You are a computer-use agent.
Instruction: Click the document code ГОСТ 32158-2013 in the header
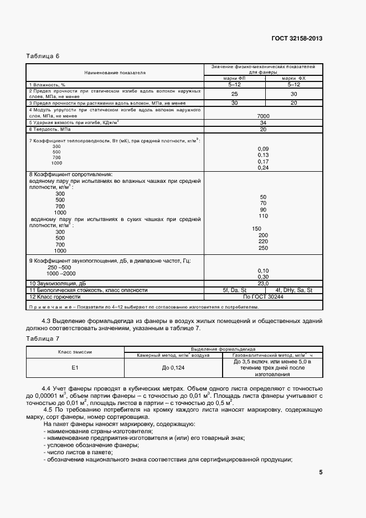pos(297,38)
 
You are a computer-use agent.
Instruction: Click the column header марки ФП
pos(235,78)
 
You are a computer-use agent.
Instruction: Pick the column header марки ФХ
pos(293,78)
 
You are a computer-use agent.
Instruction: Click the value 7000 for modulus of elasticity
pos(263,115)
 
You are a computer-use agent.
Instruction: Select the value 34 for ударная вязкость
pos(263,122)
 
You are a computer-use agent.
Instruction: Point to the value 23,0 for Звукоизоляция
pos(263,283)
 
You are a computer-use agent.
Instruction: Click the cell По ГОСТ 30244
pos(263,297)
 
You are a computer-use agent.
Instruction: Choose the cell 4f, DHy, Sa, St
pos(293,290)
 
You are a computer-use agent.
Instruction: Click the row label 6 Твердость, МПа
pos(50,129)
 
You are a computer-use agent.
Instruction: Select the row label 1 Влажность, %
pos(48,84)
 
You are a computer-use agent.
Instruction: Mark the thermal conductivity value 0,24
pos(263,167)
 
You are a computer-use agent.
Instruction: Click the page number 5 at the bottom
pos(321,473)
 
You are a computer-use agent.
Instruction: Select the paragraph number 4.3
pos(48,321)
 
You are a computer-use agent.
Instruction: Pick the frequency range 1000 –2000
pos(61,274)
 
